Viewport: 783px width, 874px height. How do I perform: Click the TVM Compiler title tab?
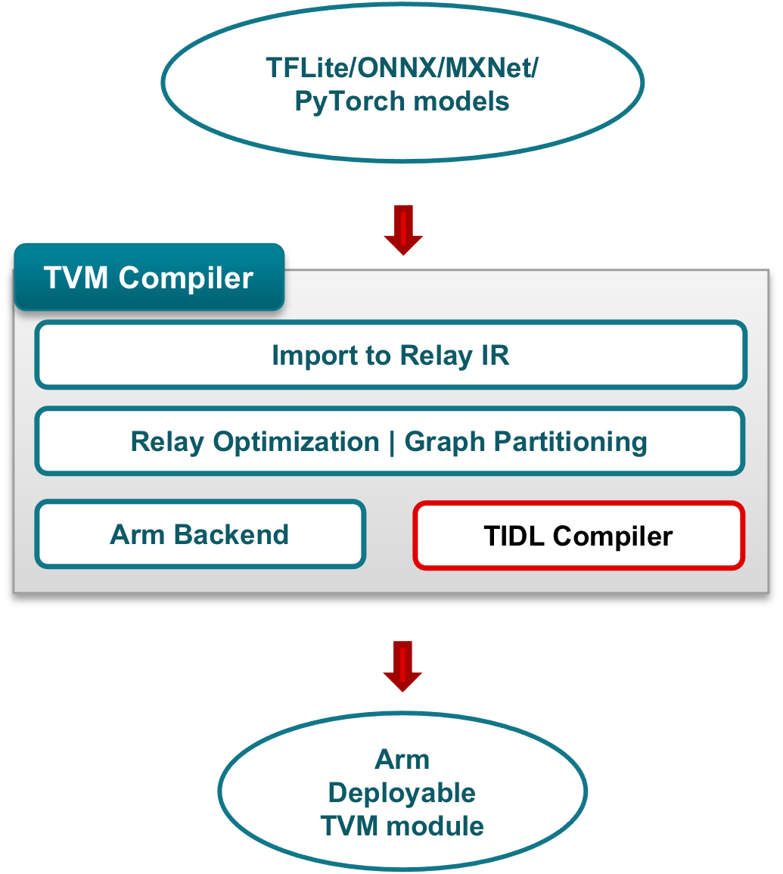149,278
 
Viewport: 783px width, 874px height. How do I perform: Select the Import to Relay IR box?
390,355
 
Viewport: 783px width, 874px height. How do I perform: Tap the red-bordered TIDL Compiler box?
578,536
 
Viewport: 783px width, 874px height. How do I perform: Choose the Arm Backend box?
200,534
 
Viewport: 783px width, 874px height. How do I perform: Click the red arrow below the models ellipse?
402,230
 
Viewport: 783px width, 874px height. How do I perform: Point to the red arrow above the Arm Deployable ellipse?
402,666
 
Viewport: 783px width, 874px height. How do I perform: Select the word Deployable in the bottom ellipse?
402,792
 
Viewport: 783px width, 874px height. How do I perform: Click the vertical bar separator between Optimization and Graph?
392,441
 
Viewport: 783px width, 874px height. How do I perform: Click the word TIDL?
514,536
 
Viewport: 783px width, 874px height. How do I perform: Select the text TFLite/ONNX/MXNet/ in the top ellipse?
402,68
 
